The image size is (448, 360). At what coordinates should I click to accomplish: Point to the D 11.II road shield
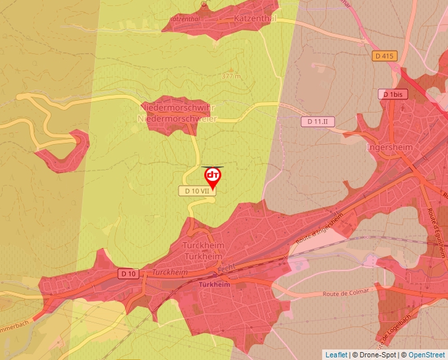pos(319,122)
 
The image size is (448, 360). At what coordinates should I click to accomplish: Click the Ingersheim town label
pos(389,147)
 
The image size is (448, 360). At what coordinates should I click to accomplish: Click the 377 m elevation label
pos(231,76)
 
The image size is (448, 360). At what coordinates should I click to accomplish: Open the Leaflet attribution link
pos(336,355)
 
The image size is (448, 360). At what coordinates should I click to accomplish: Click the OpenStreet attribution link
pos(426,355)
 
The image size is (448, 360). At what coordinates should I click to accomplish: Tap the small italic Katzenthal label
pos(184,20)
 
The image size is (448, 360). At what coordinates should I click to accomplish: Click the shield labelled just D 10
pos(128,273)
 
